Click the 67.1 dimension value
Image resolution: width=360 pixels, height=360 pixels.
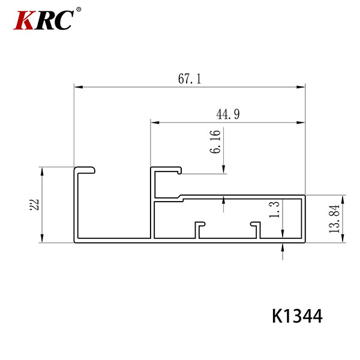[190, 79]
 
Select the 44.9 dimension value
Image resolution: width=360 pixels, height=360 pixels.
[228, 114]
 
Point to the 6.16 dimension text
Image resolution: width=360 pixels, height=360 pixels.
[215, 142]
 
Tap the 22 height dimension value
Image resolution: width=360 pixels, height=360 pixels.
[34, 205]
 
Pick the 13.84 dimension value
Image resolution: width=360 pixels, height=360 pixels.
[334, 219]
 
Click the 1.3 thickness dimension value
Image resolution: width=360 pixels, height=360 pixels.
[274, 209]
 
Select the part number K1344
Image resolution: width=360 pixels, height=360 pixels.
[297, 316]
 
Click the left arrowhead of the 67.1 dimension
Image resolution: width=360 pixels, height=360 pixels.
[78, 87]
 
